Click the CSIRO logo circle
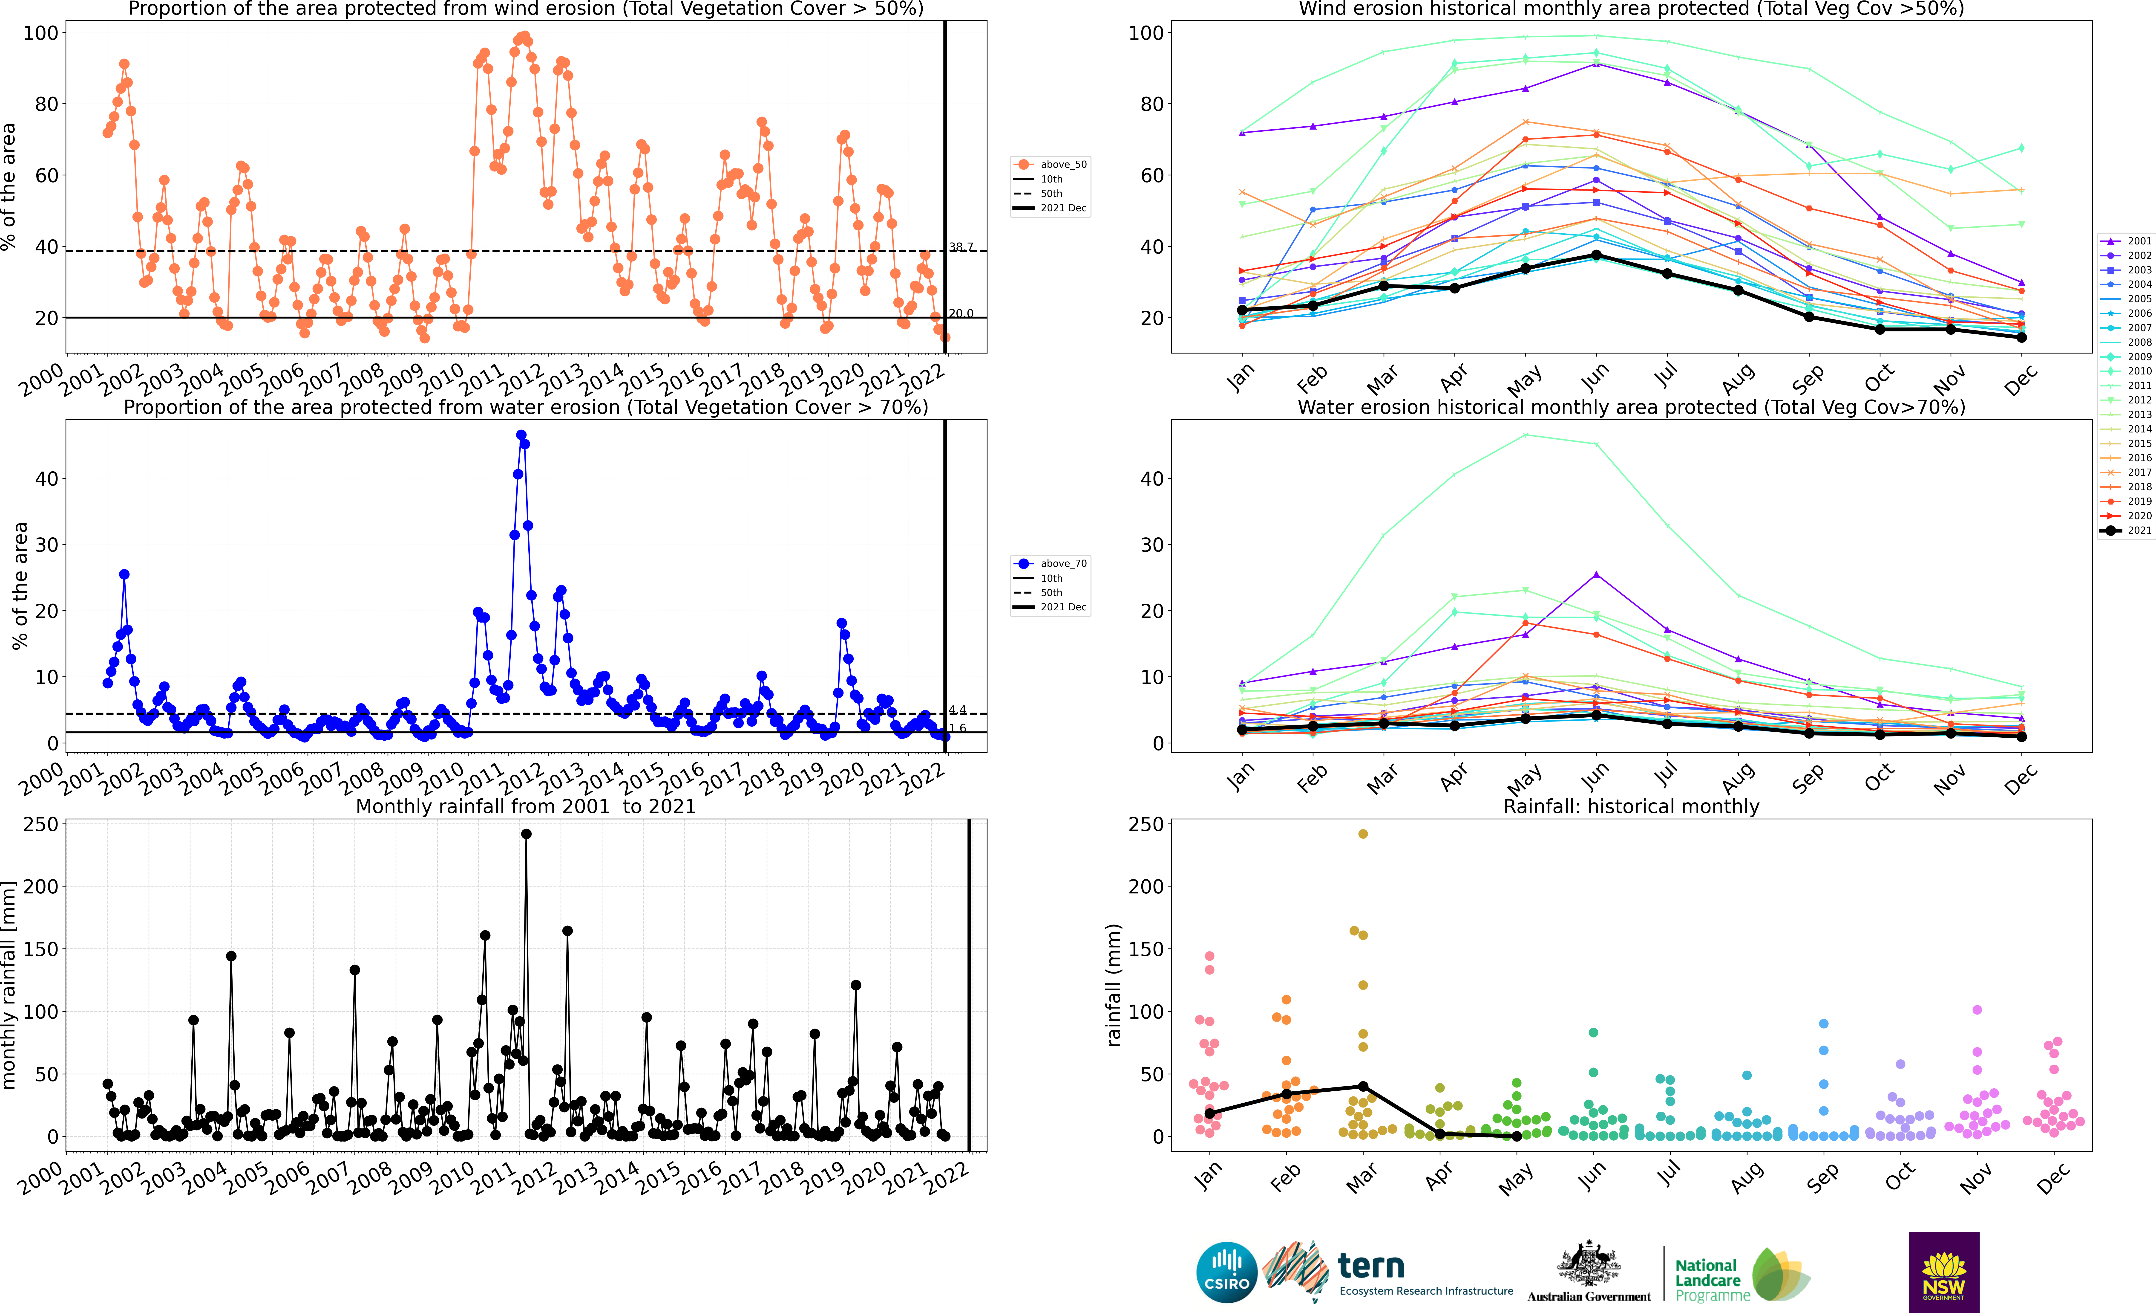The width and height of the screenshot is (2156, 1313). (x=1227, y=1272)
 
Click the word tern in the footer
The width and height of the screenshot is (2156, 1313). (x=1371, y=1266)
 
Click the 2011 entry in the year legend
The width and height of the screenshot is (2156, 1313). (x=2126, y=385)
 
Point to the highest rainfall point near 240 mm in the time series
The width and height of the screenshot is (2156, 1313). (x=526, y=834)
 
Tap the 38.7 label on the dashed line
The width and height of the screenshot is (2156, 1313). (x=961, y=247)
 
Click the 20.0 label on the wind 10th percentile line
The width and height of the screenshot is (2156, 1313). (x=961, y=313)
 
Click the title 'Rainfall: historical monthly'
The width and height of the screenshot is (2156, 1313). (x=1631, y=806)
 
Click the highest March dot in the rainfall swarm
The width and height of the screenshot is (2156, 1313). (x=1362, y=834)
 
